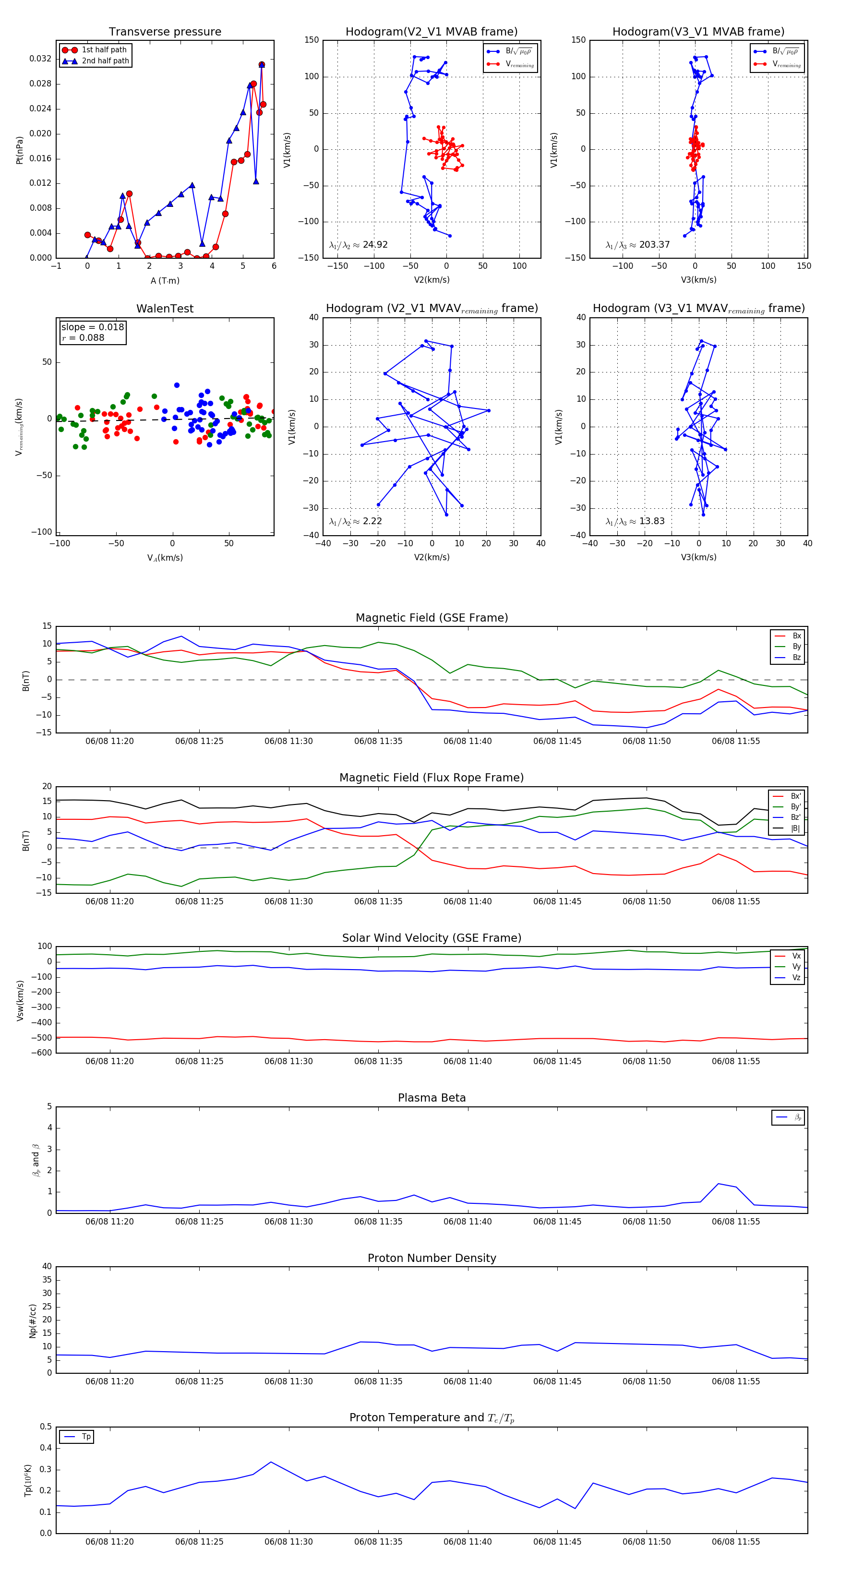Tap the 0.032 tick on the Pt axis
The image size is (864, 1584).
coord(40,59)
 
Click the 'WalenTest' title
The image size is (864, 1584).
coord(165,309)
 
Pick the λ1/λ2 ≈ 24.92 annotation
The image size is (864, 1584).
coord(359,245)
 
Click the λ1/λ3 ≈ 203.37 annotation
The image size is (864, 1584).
coord(638,245)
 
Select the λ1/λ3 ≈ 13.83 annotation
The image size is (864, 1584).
coord(635,521)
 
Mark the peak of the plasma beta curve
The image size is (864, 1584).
coord(718,1184)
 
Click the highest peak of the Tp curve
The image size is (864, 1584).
coord(271,1462)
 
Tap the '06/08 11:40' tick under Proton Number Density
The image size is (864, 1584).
coord(468,1381)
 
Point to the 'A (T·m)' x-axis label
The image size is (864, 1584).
coord(165,281)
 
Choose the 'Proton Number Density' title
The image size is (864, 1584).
coord(432,1258)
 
